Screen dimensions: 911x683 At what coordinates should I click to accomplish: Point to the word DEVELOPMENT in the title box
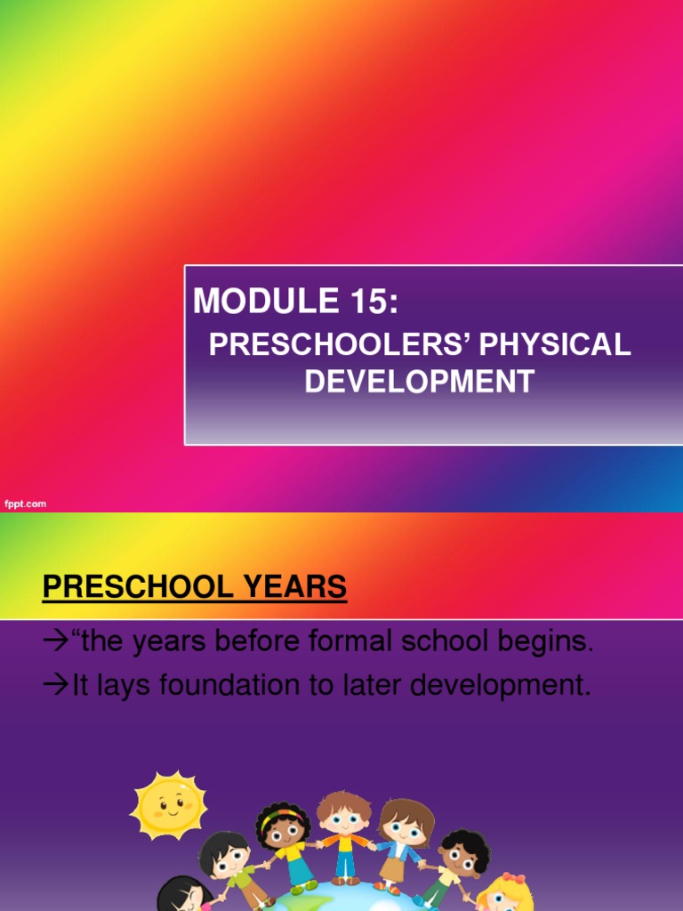[419, 382]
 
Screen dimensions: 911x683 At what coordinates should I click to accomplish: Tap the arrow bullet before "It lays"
[55, 686]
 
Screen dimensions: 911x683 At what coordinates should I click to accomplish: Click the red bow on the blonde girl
[513, 880]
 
